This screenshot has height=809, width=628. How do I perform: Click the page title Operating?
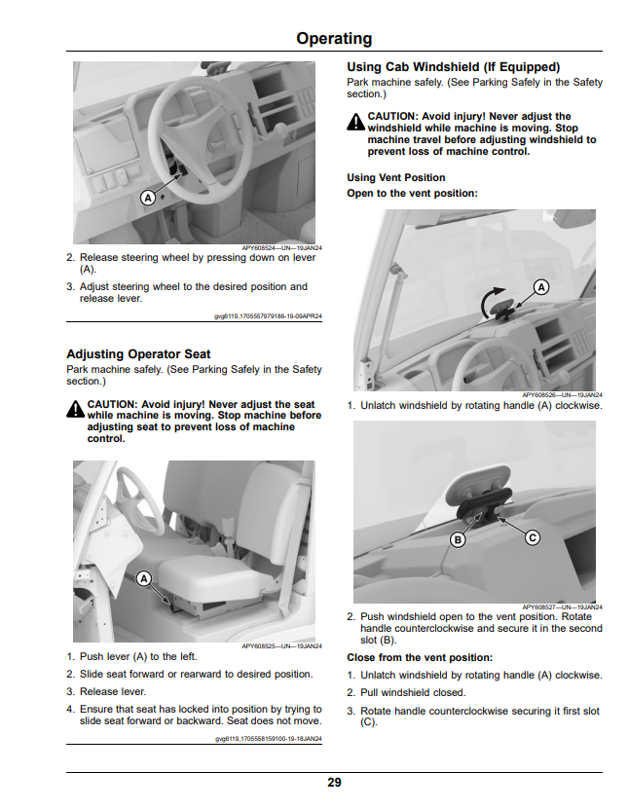(x=334, y=39)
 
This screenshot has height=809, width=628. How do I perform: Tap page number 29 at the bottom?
(x=334, y=783)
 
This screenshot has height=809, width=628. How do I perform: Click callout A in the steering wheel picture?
(x=148, y=198)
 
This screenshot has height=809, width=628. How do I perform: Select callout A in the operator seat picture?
(x=144, y=578)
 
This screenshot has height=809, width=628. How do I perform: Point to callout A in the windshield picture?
(x=540, y=287)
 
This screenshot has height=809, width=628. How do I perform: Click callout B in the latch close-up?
(x=458, y=539)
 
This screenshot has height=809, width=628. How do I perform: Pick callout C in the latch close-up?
(x=533, y=537)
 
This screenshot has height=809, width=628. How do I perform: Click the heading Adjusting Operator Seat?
(x=138, y=354)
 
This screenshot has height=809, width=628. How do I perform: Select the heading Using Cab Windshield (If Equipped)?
(x=453, y=67)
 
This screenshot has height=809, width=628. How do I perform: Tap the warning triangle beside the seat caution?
(x=75, y=409)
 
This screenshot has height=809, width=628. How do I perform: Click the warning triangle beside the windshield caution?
(x=355, y=122)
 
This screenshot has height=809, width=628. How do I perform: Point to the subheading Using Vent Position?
(x=396, y=177)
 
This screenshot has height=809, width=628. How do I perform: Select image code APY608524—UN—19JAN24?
(x=281, y=247)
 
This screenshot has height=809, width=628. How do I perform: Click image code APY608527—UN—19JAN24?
(x=562, y=607)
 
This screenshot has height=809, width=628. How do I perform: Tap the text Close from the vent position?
(x=420, y=657)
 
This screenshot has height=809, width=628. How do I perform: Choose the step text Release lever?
(x=113, y=691)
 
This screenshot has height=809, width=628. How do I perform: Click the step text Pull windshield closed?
(x=413, y=692)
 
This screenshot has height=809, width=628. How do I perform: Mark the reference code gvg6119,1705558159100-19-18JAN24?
(x=269, y=739)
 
